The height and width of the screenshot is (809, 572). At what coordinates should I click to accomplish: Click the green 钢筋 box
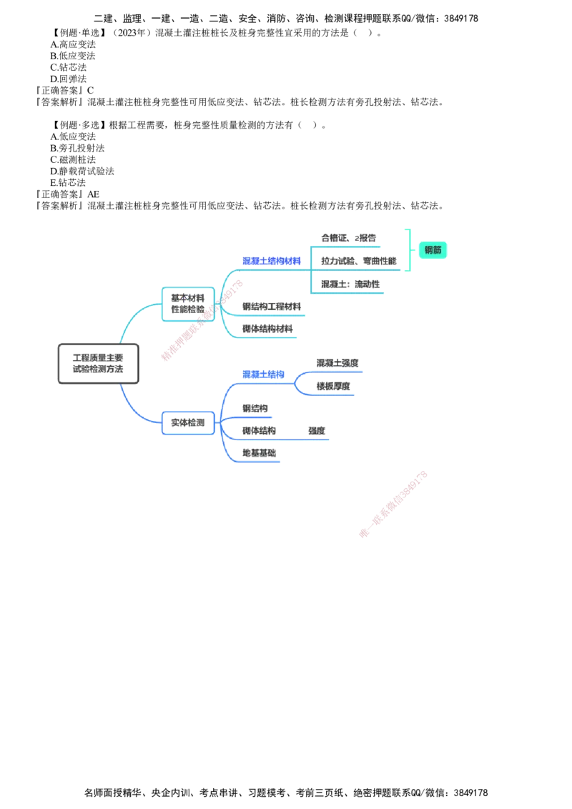[x=433, y=250]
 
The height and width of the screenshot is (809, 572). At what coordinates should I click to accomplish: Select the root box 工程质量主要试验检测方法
[x=98, y=363]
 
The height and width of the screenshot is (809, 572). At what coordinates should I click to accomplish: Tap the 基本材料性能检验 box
[x=188, y=304]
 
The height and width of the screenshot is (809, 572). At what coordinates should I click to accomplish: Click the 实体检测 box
[x=188, y=422]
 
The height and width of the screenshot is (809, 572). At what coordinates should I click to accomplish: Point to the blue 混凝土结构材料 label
[x=272, y=261]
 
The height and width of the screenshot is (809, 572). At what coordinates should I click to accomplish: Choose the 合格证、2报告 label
[x=348, y=238]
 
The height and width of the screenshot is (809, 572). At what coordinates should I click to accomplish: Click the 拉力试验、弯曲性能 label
[x=359, y=261]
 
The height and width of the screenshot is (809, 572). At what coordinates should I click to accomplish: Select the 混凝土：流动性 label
[x=350, y=284]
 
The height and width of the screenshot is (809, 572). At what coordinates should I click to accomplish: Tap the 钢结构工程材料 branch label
[x=272, y=307]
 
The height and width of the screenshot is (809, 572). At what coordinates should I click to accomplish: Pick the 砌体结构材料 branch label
[x=267, y=329]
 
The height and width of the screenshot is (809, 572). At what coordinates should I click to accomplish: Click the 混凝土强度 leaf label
[x=337, y=363]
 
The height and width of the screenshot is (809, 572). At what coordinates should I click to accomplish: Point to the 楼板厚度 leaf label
[x=333, y=386]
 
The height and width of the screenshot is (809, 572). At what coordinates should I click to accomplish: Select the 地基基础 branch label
[x=259, y=453]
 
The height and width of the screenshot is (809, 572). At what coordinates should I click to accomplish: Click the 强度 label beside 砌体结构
[x=317, y=431]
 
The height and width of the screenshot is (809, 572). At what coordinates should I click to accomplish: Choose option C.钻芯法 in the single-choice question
[x=68, y=68]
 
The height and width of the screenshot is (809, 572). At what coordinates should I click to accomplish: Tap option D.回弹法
[x=68, y=79]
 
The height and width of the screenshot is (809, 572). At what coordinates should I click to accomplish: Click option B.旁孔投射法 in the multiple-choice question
[x=77, y=148]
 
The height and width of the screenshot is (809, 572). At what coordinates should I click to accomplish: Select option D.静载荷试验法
[x=82, y=172]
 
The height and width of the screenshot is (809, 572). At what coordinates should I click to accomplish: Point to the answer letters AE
[x=93, y=194]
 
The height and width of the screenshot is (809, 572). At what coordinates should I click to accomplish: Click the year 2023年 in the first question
[x=132, y=33]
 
